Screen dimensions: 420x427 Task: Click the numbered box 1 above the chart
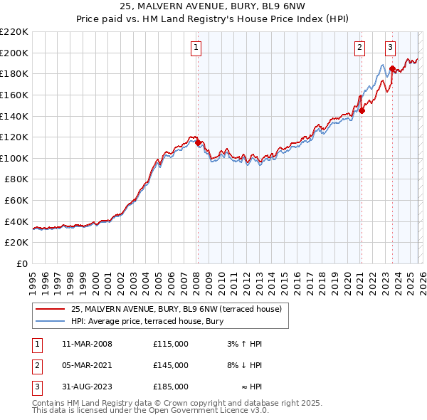(x=196, y=48)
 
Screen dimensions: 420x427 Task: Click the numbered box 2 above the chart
(x=360, y=48)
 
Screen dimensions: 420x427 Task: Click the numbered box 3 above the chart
(x=391, y=48)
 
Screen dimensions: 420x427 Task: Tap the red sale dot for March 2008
(x=198, y=142)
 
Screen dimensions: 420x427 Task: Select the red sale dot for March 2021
(x=362, y=110)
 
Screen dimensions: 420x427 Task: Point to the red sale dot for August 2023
(x=392, y=68)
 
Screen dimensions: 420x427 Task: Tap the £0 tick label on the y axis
(x=21, y=264)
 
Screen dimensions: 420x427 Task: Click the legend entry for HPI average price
(x=147, y=321)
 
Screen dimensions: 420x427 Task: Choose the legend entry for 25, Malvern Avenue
(x=176, y=309)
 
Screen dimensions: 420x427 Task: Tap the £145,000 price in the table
(x=171, y=365)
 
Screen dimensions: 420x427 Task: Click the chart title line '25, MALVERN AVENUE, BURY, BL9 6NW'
(x=213, y=7)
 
